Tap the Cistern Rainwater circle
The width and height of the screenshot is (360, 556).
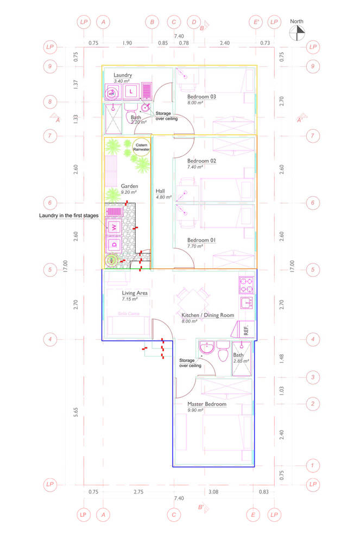click(x=142, y=148)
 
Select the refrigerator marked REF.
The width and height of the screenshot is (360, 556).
click(x=245, y=329)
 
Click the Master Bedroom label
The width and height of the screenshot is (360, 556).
click(x=206, y=404)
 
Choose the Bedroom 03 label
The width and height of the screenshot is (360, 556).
click(x=201, y=97)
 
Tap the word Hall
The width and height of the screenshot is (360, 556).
click(x=160, y=191)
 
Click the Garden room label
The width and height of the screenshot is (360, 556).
click(x=129, y=186)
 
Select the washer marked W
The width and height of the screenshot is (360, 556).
click(x=115, y=228)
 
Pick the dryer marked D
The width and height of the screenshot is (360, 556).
click(x=115, y=245)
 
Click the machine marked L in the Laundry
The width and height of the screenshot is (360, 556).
click(x=131, y=92)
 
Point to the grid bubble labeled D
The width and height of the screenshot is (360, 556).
click(x=193, y=22)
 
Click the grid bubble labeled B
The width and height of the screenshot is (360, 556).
click(x=152, y=22)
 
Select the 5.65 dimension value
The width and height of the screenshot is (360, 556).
click(x=77, y=412)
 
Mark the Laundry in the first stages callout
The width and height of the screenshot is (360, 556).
click(x=68, y=216)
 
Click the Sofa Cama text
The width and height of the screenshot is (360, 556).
click(x=128, y=313)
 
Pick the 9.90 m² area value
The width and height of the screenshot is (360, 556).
click(x=195, y=410)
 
